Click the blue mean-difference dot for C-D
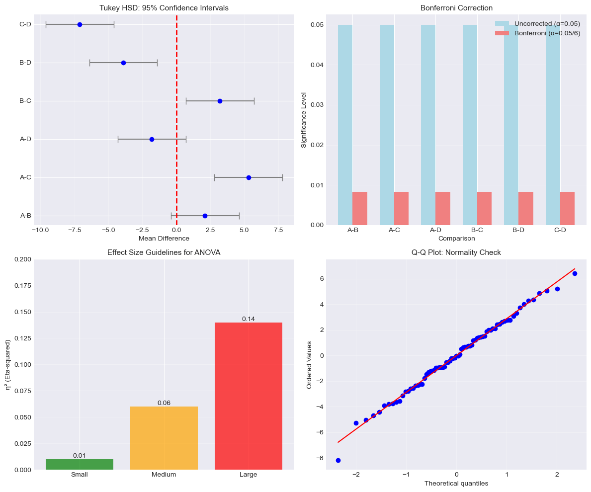80,24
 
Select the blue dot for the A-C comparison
249,177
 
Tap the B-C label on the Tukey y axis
26,101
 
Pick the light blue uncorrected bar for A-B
345,124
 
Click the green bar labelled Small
80,464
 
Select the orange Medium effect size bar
164,438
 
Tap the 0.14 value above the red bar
249,319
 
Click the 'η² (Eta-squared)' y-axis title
8,364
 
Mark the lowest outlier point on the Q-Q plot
338,460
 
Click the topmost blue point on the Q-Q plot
575,273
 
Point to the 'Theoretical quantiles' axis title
456,484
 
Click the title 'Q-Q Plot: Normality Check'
456,252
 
